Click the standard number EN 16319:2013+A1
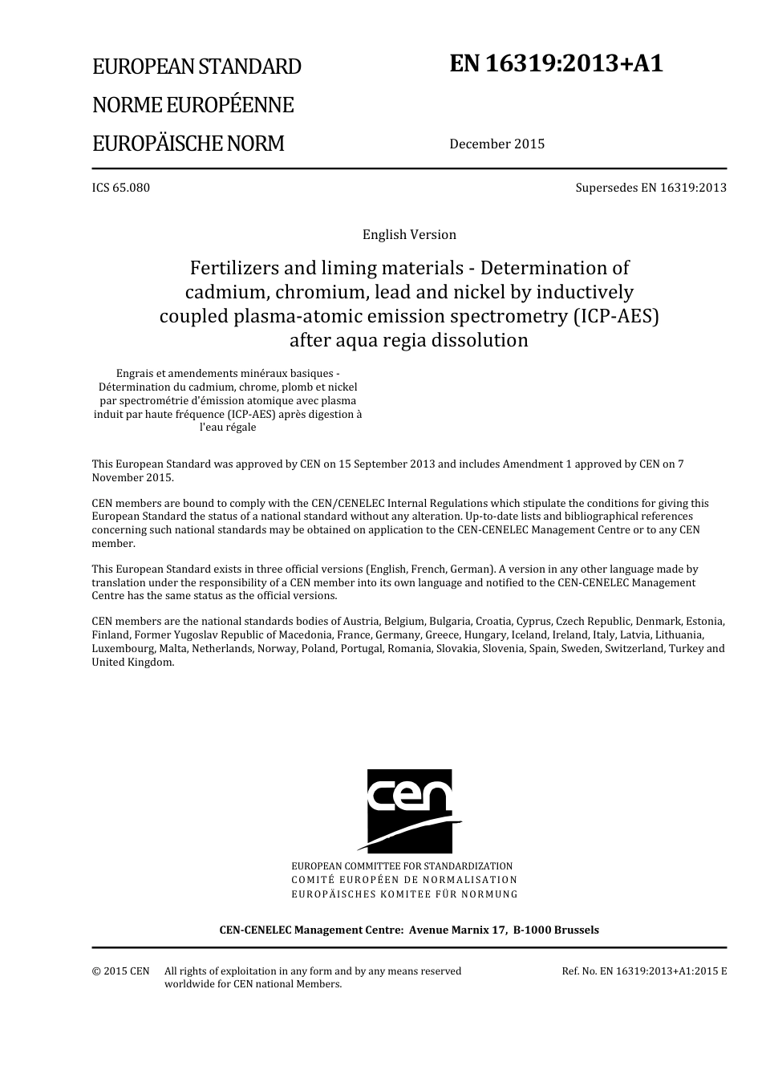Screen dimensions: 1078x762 point(557,64)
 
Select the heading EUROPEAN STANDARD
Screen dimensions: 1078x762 point(197,67)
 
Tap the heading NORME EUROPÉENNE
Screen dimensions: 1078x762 point(193,105)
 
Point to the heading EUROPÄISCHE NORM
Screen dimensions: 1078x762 point(188,144)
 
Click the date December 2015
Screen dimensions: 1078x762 point(497,144)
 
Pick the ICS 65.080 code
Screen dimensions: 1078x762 point(120,188)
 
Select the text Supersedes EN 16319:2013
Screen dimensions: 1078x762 point(651,188)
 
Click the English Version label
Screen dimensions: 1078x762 point(409,235)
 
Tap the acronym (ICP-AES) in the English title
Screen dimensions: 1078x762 point(614,316)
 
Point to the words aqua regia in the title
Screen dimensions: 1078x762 point(377,340)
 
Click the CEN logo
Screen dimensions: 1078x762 point(410,811)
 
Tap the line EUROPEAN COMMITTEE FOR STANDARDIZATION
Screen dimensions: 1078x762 point(402,866)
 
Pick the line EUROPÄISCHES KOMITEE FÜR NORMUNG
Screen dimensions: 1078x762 point(404,894)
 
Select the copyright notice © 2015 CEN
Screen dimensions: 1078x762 point(120,971)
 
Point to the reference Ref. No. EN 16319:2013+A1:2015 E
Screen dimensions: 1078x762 point(644,971)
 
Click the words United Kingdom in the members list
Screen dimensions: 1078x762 point(132,663)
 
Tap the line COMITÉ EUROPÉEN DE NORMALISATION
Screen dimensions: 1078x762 point(404,880)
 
